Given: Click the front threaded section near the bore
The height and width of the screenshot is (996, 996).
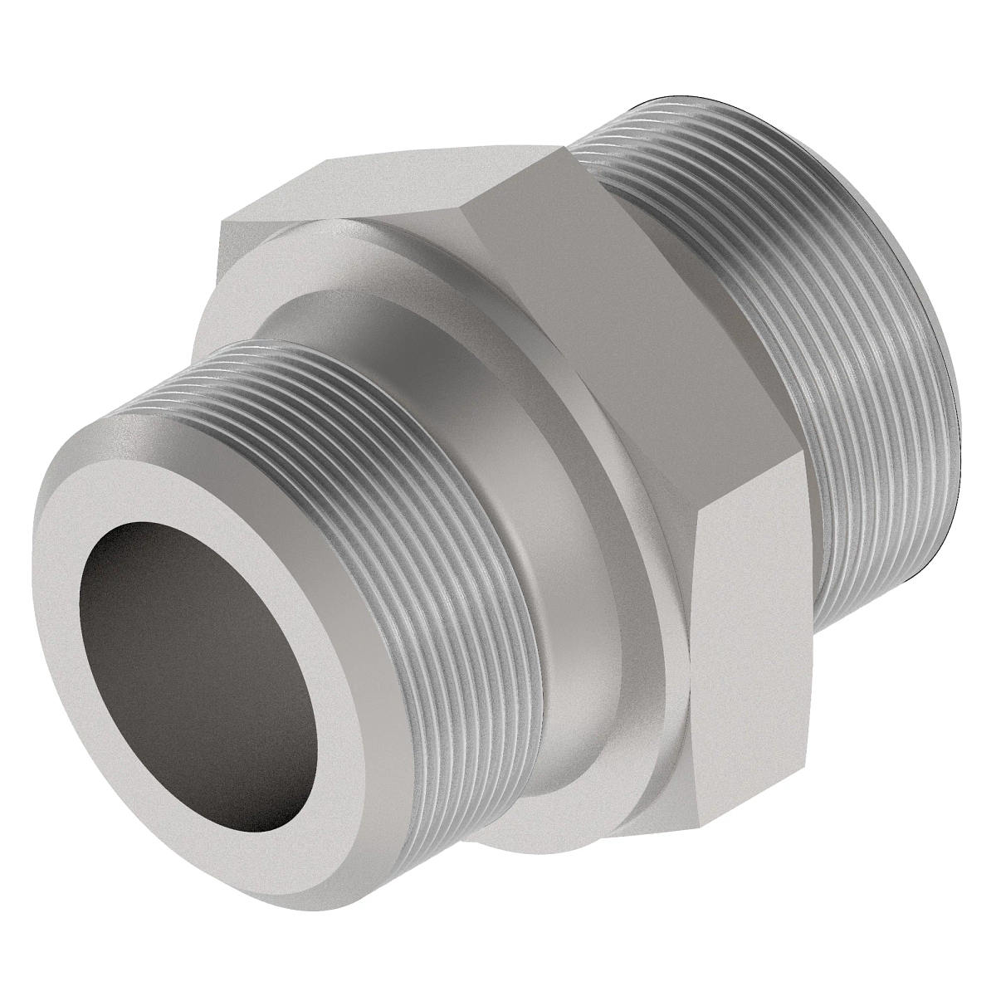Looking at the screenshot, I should pos(398,465).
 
